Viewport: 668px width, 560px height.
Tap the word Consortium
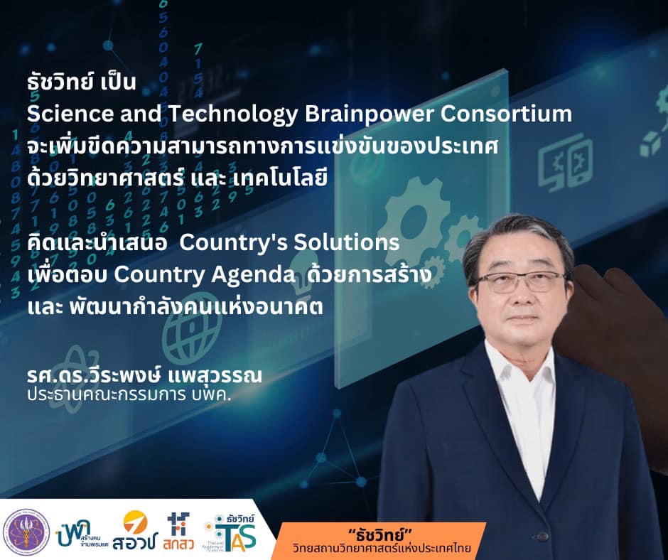[x=506, y=114]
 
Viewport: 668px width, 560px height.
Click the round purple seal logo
[x=26, y=532]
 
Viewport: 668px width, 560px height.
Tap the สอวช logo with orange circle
[x=135, y=531]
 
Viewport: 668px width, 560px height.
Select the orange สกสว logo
[x=178, y=531]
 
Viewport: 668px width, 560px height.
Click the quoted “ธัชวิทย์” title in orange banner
[x=382, y=534]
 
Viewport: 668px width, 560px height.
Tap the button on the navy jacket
[x=542, y=536]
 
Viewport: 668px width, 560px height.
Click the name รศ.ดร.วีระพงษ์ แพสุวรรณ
[x=144, y=375]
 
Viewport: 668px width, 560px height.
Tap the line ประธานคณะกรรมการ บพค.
[x=129, y=394]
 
